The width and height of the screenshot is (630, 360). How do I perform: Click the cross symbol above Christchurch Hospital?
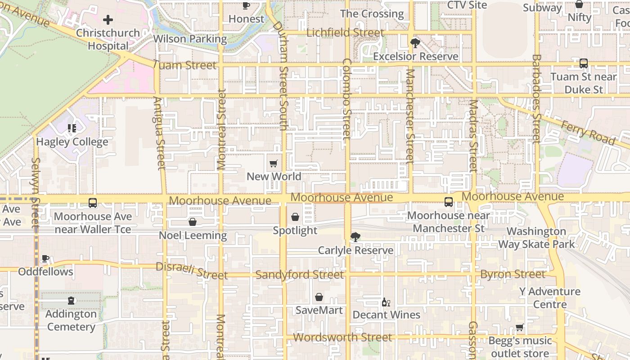108,20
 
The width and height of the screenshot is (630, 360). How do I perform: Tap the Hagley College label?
72,142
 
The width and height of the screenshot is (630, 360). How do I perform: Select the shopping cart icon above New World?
273,164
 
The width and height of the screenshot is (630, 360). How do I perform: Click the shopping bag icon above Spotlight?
295,217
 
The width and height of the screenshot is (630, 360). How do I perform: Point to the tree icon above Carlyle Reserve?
355,237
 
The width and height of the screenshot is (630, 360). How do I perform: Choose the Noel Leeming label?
193,235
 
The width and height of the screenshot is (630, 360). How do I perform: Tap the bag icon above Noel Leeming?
193,222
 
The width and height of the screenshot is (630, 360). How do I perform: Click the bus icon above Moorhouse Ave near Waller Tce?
93,203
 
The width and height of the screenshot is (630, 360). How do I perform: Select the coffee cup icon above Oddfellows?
45,259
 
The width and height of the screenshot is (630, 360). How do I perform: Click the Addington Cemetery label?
71,320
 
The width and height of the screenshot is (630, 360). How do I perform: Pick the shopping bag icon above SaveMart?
319,297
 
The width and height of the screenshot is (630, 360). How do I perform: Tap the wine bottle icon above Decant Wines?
386,302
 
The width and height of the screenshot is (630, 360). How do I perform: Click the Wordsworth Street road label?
342,337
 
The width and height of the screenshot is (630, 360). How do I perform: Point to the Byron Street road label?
513,274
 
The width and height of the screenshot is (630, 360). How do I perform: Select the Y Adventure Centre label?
549,298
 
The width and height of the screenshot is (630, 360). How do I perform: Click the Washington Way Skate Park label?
536,238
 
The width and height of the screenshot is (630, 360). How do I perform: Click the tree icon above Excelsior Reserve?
415,43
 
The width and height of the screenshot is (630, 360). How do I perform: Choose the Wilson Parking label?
190,39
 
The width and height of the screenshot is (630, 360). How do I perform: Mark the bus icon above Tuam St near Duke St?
584,63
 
